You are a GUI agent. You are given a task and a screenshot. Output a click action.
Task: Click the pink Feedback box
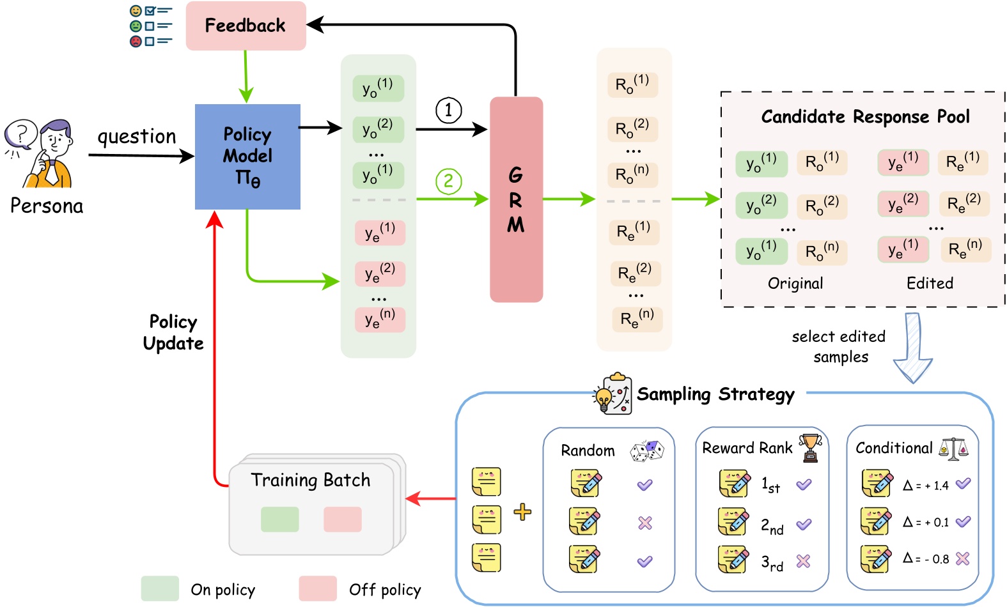(246, 26)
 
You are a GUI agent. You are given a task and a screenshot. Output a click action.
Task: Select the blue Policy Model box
(247, 157)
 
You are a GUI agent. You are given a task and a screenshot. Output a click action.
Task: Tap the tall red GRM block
(516, 199)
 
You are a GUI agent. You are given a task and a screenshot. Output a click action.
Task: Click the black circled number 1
(448, 110)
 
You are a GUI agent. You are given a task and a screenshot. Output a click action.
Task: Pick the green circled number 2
(448, 181)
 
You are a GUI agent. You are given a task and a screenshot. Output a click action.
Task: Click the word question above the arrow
(136, 137)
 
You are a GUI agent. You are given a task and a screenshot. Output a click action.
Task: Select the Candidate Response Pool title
(865, 117)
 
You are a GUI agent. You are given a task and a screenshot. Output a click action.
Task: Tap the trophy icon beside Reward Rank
(810, 447)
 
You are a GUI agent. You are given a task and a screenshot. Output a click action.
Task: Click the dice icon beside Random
(647, 450)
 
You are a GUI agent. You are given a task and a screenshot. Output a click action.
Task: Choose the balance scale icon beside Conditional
(954, 449)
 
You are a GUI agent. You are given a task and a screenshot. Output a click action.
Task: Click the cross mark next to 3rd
(803, 561)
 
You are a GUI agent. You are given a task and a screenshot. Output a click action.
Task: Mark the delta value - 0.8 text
(926, 559)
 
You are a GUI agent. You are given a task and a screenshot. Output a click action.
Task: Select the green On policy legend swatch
(160, 588)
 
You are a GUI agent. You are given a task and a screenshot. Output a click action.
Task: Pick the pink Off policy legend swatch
(318, 588)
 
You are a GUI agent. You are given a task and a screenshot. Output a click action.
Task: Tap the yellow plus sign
(522, 512)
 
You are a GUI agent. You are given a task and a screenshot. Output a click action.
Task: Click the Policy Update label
(173, 332)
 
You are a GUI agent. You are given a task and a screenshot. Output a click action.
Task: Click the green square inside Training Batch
(279, 519)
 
